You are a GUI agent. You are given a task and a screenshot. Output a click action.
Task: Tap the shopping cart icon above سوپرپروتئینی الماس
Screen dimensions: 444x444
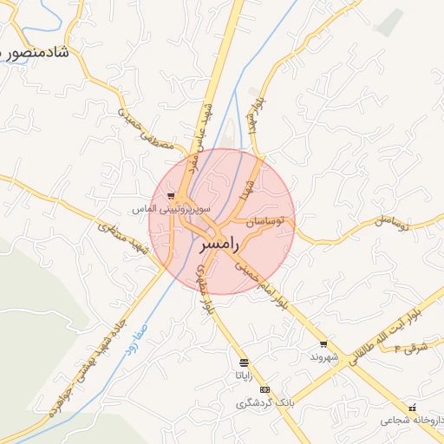pos(172,196)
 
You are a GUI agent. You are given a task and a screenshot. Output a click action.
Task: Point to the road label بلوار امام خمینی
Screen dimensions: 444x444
pos(251,284)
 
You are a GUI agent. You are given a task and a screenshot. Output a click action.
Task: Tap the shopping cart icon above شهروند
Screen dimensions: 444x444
pos(323,344)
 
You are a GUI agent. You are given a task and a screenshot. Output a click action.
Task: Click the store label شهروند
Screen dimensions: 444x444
pos(322,357)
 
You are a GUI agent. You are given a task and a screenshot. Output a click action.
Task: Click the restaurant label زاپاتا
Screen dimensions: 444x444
pos(244,375)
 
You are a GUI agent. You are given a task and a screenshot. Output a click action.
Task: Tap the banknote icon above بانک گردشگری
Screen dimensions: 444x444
pos(264,390)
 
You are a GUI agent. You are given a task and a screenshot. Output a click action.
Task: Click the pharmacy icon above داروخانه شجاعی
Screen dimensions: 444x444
pos(413,408)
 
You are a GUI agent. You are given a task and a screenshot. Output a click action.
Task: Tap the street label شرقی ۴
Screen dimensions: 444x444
pos(412,348)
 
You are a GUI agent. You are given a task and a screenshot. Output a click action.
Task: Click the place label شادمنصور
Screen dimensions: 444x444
pos(40,53)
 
